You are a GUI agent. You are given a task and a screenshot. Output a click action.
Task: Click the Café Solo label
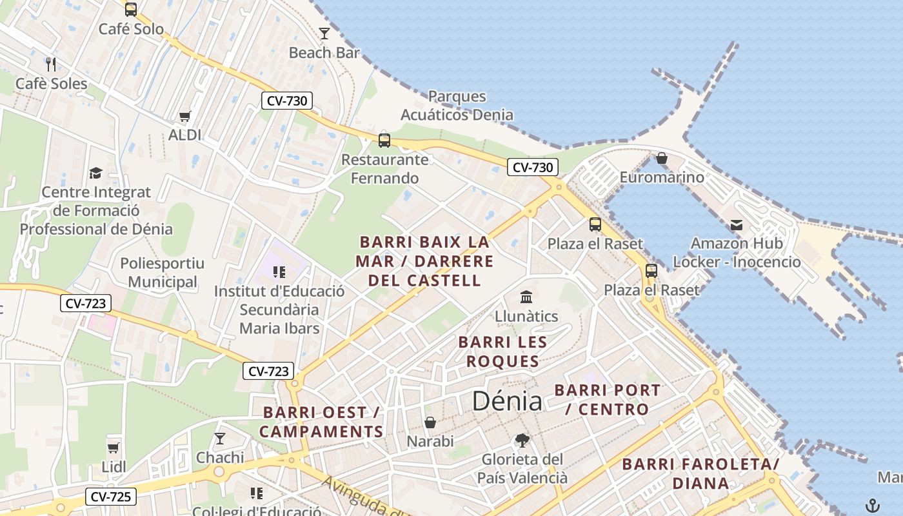131,29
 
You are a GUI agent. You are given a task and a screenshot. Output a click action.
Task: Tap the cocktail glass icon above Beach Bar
324,33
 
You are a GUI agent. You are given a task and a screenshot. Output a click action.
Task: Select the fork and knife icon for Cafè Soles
52,64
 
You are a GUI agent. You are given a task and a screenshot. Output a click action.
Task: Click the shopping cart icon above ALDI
185,116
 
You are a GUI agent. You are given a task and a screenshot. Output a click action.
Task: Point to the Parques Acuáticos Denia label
457,106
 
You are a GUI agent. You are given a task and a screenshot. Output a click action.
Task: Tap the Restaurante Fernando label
384,168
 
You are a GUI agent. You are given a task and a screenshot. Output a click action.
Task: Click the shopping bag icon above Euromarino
661,158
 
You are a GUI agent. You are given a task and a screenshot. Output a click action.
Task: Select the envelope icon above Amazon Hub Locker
737,224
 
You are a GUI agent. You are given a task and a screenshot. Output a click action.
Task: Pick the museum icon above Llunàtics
526,297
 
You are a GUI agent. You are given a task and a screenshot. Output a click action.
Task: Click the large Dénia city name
507,401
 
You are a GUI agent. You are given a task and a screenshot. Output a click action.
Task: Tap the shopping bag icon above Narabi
430,422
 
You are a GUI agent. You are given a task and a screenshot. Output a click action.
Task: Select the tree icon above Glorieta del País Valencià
522,441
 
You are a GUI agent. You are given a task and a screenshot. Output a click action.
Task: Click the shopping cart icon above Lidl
114,448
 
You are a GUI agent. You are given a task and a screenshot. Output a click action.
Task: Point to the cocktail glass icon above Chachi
220,439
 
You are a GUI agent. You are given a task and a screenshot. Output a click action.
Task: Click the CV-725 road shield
111,497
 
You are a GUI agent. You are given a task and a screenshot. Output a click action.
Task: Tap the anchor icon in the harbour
872,505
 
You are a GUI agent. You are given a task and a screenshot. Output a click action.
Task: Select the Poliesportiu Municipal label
162,272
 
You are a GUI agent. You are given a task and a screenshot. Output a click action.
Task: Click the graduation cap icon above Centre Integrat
96,173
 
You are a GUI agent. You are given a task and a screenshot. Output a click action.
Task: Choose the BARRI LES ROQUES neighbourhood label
502,352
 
